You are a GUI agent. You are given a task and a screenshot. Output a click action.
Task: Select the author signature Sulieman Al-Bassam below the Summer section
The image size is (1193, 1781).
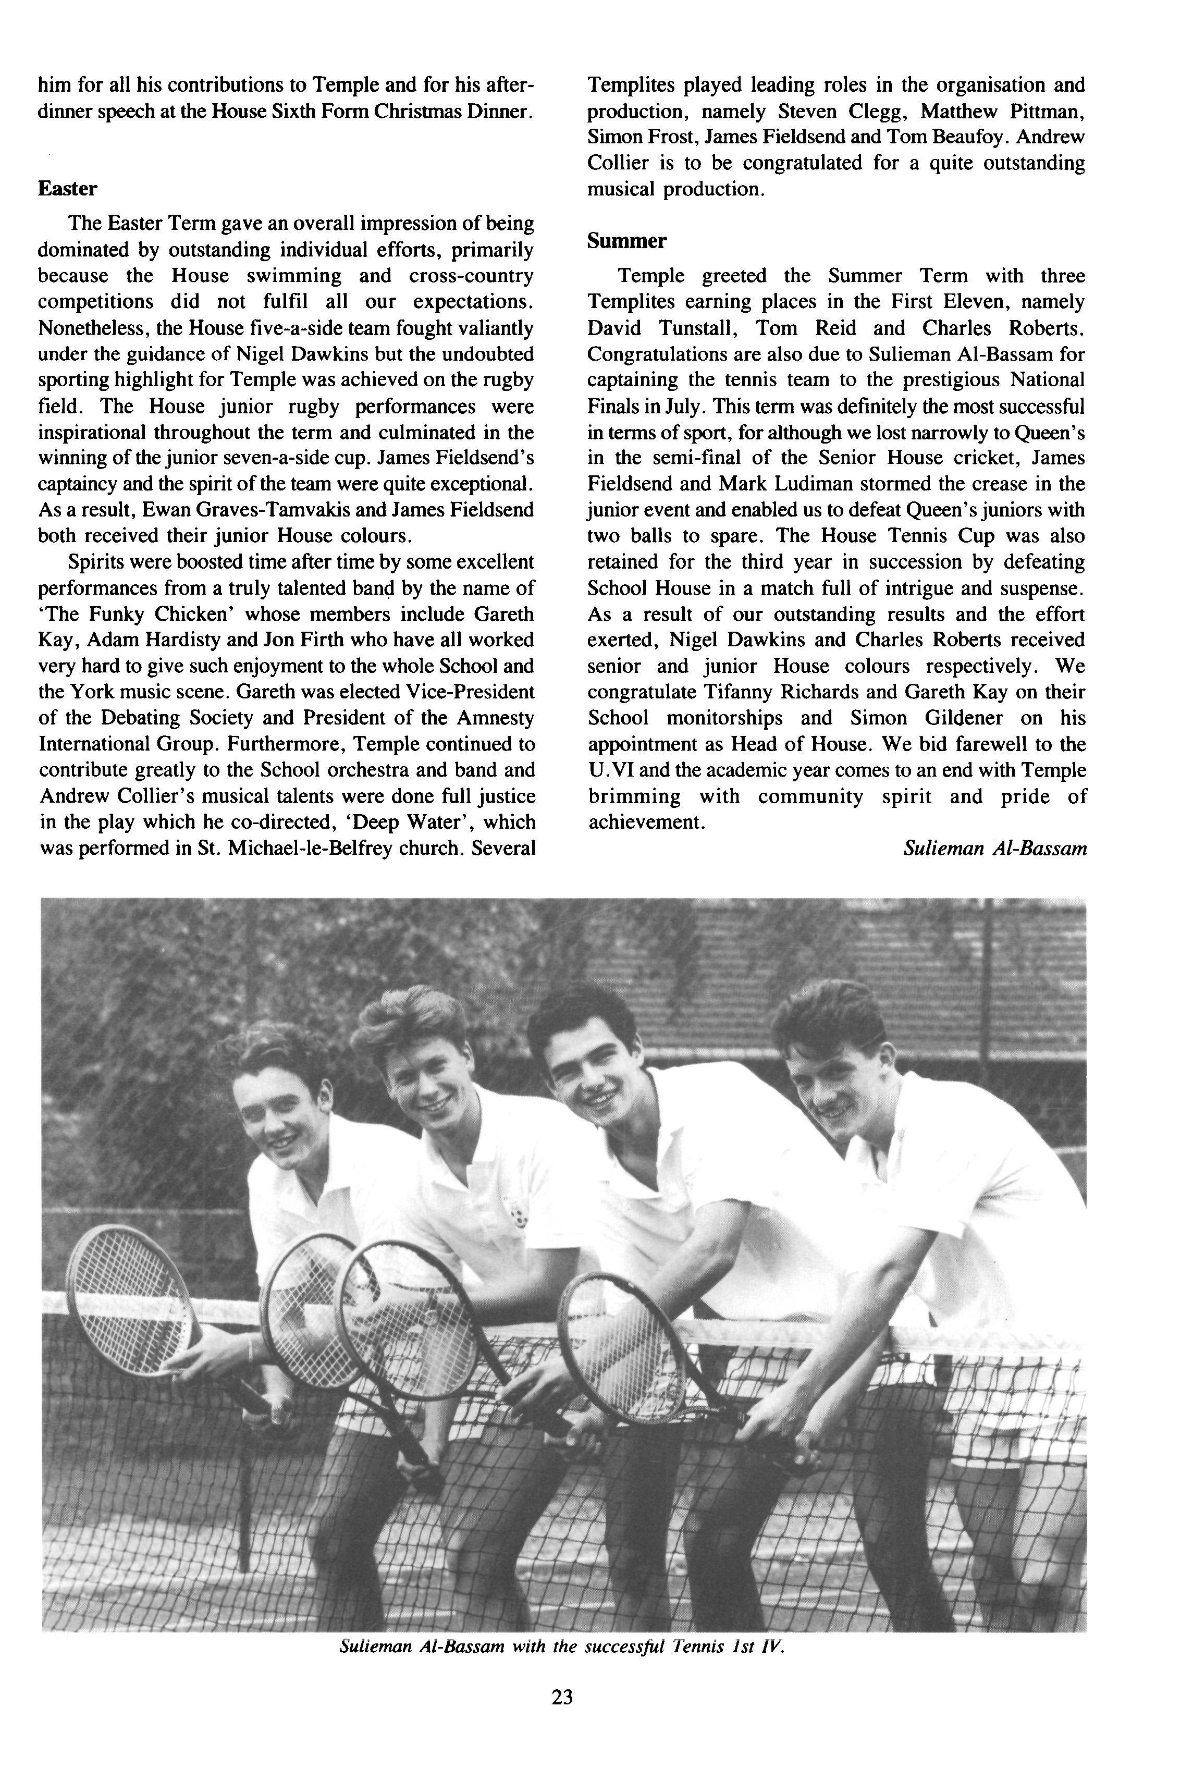[994, 848]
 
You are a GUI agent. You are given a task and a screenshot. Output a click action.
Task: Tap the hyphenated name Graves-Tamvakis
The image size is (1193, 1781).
[233, 510]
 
